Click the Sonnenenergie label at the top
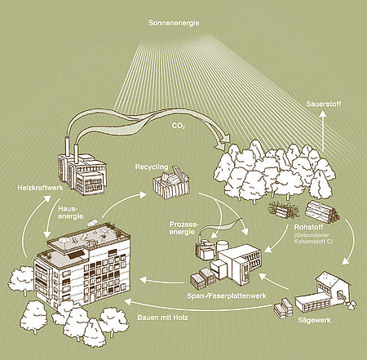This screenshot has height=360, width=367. tap(174, 24)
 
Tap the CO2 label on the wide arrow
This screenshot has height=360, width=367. tap(177, 127)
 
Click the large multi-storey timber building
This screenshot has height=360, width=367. tap(83, 265)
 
